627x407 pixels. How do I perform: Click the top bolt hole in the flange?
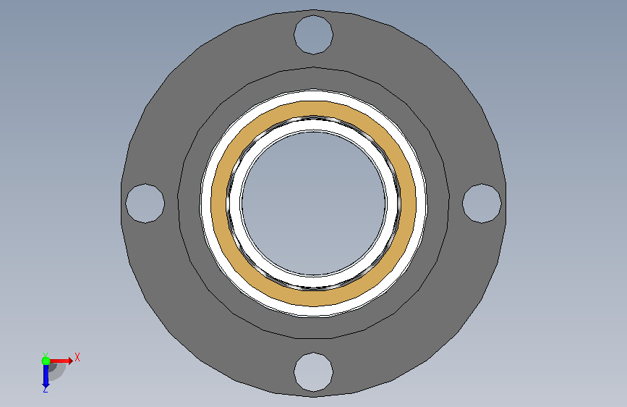pyautogui.click(x=314, y=35)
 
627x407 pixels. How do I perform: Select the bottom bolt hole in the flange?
pyautogui.click(x=314, y=372)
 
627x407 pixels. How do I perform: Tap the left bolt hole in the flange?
pyautogui.click(x=145, y=203)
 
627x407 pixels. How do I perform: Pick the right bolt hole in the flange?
pyautogui.click(x=482, y=203)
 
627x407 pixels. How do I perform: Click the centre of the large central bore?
pyautogui.click(x=314, y=203)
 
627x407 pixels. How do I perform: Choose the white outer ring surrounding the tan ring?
pyautogui.click(x=314, y=95)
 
